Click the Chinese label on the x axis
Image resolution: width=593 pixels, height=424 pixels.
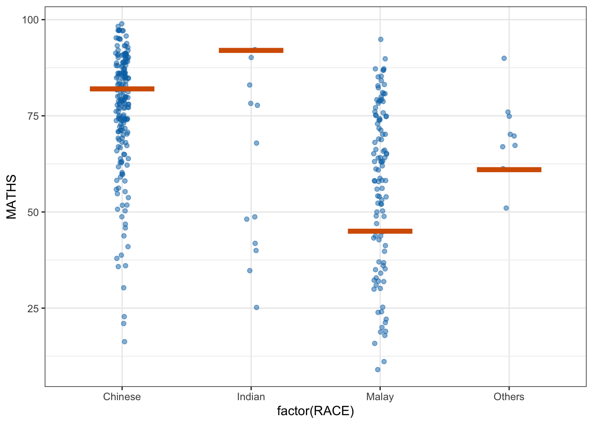tap(122, 397)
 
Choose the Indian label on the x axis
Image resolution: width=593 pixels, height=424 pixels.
tap(251, 397)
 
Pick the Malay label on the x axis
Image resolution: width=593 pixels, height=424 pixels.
tap(380, 397)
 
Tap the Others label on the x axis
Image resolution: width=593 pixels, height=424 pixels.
tap(509, 397)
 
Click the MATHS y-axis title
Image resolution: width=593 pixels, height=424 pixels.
tap(11, 197)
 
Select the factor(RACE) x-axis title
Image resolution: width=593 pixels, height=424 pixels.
tap(315, 412)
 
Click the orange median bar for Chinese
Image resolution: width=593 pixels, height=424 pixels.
tap(122, 89)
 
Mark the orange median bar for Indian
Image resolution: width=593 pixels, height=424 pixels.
tap(251, 50)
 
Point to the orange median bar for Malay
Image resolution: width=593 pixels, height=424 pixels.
tap(380, 231)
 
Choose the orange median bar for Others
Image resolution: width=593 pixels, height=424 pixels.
tap(509, 170)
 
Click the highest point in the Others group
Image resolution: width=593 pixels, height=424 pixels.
tap(504, 58)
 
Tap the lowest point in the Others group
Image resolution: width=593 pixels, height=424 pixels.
tap(506, 208)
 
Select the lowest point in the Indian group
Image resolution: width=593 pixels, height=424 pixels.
tap(256, 307)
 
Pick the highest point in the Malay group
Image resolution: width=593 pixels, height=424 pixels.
tap(381, 39)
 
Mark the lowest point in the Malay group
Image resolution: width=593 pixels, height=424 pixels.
tap(378, 370)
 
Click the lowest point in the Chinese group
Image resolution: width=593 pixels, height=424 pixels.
tap(124, 341)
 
